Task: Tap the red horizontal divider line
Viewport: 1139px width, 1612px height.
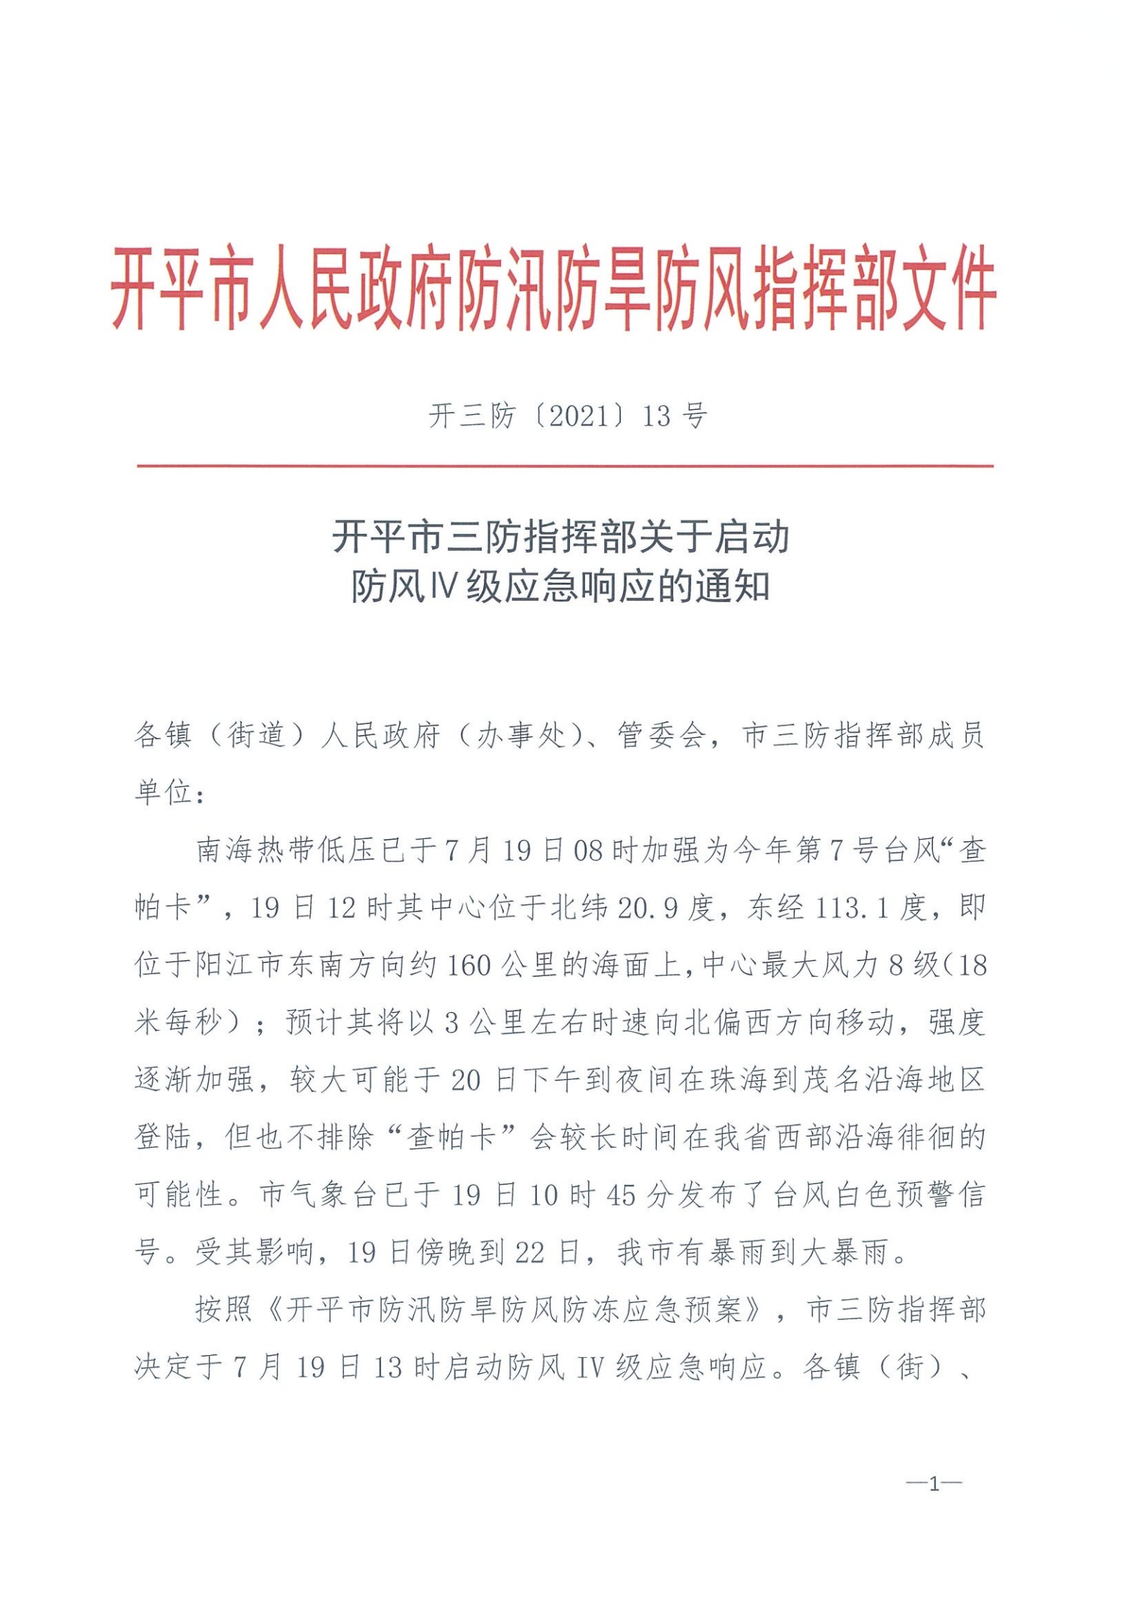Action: tap(565, 466)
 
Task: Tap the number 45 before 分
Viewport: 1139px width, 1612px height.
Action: tap(621, 1195)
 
